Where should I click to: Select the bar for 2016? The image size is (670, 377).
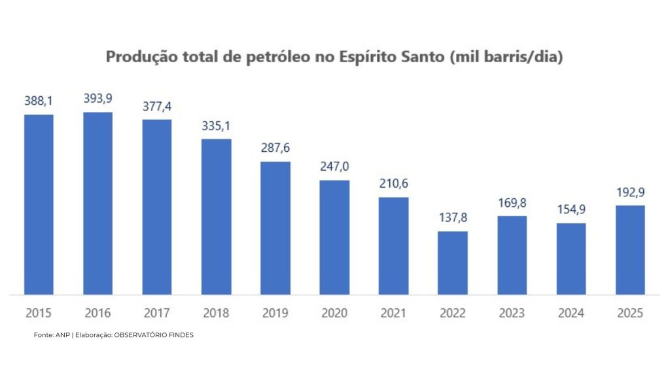[97, 204]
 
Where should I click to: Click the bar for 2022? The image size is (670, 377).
[452, 262]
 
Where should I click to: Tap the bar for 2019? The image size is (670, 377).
[275, 228]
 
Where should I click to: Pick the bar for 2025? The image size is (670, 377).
[630, 250]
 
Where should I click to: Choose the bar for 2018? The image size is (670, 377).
[216, 217]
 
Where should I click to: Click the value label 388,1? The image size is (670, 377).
[39, 101]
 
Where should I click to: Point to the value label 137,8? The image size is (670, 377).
[452, 217]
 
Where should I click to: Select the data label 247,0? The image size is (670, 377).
[334, 166]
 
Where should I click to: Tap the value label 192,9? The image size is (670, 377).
[630, 192]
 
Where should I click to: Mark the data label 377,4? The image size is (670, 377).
[157, 106]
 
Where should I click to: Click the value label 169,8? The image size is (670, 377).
[512, 202]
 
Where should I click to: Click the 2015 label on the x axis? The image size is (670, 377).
[39, 314]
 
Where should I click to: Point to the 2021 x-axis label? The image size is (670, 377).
[393, 314]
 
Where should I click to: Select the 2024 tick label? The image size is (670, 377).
[571, 314]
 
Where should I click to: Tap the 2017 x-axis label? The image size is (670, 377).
[157, 314]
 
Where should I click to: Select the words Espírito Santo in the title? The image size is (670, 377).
[393, 57]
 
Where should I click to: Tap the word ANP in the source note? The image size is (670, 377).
[62, 335]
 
